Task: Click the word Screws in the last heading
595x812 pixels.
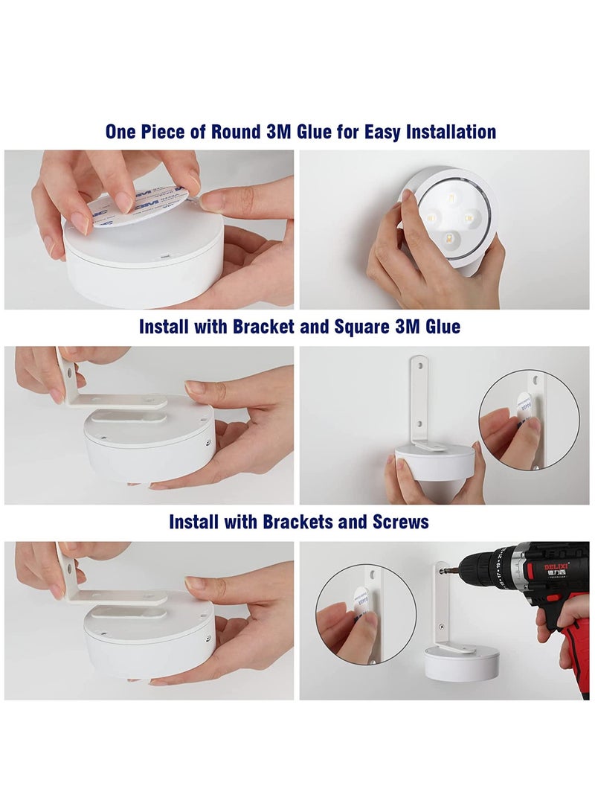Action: click(402, 522)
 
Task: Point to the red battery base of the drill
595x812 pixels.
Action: click(578, 655)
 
